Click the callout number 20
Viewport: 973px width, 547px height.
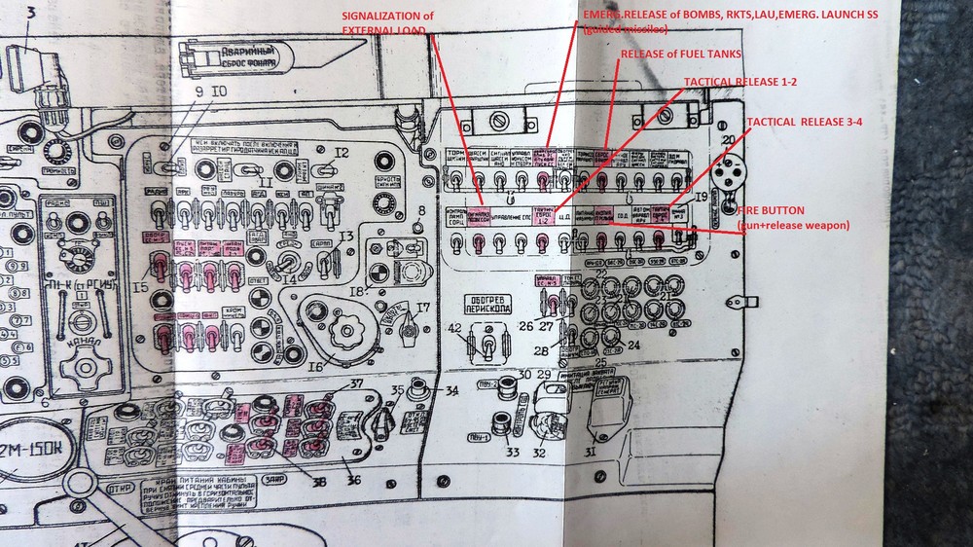pos(730,139)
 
